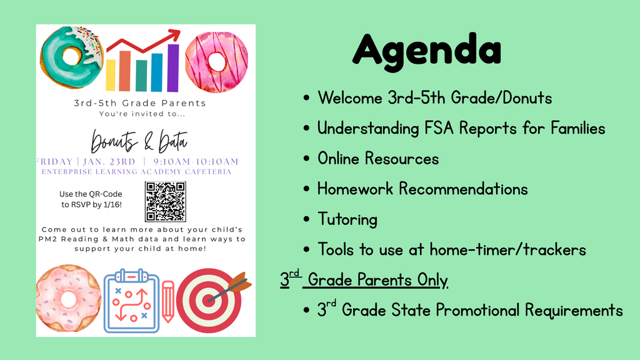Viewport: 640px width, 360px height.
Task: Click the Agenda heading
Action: (427, 48)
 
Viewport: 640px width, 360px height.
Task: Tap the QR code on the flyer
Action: (166, 201)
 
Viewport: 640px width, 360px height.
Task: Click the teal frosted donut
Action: (70, 56)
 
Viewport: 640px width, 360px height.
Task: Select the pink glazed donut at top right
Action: (216, 62)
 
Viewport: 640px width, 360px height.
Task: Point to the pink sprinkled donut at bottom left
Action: (67, 298)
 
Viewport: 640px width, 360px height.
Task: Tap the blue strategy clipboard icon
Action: (131, 301)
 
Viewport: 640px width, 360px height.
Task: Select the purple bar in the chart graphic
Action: (173, 69)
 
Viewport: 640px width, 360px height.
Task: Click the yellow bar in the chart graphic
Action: (111, 75)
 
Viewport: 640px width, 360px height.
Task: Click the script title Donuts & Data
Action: (139, 141)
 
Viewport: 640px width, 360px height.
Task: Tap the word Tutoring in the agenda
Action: (347, 219)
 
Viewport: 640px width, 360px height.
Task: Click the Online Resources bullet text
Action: (378, 159)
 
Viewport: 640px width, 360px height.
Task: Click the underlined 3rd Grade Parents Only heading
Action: (364, 279)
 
